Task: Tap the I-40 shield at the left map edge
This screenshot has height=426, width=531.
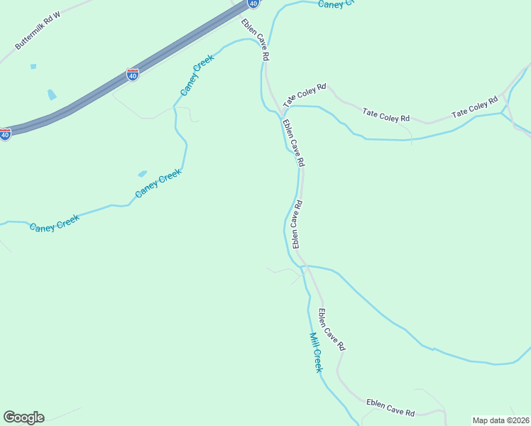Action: (5, 133)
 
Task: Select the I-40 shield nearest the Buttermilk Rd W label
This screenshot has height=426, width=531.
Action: (132, 74)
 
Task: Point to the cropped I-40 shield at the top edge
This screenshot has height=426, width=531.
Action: (253, 4)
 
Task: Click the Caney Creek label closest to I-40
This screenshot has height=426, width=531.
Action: (197, 76)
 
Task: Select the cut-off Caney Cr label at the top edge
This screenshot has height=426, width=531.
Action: (335, 4)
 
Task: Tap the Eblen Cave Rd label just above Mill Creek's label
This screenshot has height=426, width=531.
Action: (331, 329)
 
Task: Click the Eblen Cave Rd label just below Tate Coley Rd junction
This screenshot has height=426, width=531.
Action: (293, 143)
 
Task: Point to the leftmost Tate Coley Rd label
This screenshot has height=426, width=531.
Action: (305, 96)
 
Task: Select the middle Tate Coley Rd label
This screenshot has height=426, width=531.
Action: (386, 114)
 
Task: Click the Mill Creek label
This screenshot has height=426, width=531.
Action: (316, 352)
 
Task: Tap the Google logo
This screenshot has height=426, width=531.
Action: (23, 417)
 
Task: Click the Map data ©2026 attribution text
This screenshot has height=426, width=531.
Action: (500, 420)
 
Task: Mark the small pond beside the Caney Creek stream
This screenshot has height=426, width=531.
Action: (142, 173)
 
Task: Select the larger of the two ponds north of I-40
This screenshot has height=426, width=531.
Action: (51, 94)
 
